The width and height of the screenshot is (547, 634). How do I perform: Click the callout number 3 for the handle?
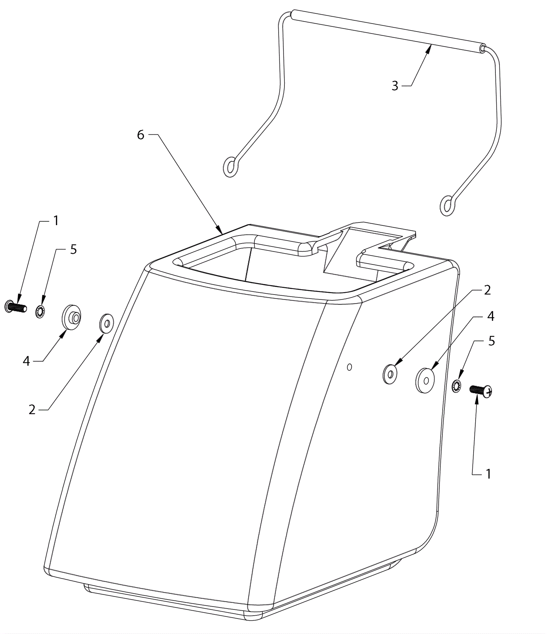tap(395, 86)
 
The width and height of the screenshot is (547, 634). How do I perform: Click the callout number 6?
tap(141, 135)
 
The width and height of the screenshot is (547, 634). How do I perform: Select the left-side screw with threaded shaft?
tap(16, 306)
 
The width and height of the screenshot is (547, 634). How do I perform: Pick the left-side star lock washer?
tap(41, 312)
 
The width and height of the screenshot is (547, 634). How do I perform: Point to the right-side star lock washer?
tap(456, 386)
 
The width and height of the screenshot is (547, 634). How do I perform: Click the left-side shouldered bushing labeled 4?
tap(71, 318)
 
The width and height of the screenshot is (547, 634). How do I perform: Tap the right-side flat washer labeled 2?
tap(390, 374)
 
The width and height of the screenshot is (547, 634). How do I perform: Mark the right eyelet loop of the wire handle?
tap(447, 205)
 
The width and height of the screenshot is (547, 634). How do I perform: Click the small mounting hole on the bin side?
tap(349, 367)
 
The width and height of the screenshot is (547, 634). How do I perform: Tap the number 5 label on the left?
tap(74, 249)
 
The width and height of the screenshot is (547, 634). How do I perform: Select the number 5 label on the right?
tap(491, 341)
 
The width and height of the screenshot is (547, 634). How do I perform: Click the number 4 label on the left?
tap(26, 361)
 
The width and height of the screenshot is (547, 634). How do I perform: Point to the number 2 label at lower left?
tap(32, 410)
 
